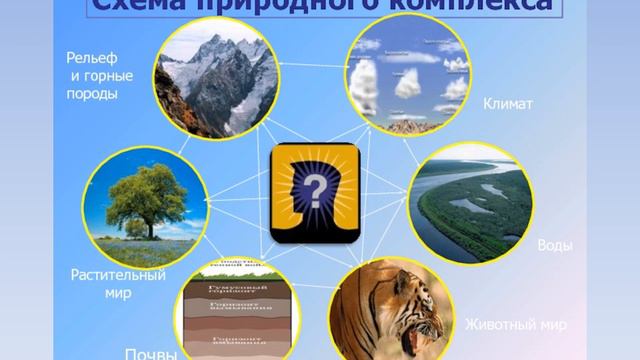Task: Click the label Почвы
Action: click(151, 353)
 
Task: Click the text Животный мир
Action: click(516, 325)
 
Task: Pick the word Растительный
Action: click(118, 275)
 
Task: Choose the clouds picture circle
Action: click(407, 76)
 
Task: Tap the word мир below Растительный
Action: click(118, 294)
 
